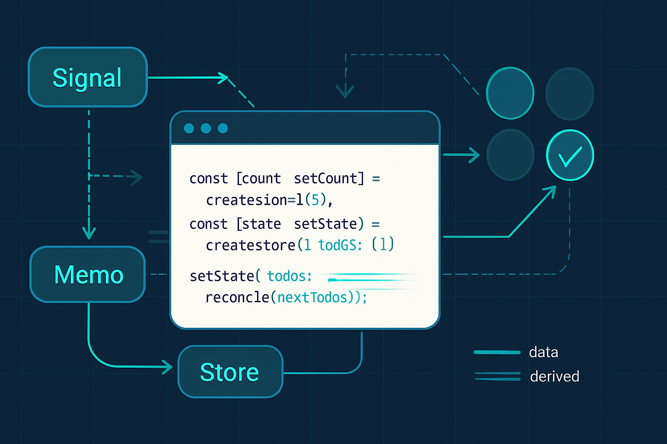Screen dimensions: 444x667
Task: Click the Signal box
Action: click(x=88, y=77)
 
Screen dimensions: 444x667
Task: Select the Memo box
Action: click(x=88, y=274)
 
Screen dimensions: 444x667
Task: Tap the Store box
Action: click(x=230, y=372)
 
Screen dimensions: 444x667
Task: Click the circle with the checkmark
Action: click(x=570, y=155)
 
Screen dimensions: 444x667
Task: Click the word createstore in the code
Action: click(x=251, y=245)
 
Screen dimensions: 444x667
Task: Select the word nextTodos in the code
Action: click(x=313, y=297)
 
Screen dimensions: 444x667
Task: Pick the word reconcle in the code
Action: click(x=238, y=297)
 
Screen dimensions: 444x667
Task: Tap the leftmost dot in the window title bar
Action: click(x=189, y=128)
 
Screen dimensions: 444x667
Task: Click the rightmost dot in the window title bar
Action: click(x=223, y=128)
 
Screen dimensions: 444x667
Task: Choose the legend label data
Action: click(x=543, y=352)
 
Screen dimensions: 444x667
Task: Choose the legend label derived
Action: click(x=555, y=376)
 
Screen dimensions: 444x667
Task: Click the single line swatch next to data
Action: click(x=497, y=352)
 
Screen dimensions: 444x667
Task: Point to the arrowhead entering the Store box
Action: click(x=168, y=367)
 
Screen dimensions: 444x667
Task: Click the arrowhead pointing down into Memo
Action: click(x=89, y=233)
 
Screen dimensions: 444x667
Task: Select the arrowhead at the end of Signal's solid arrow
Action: click(x=223, y=78)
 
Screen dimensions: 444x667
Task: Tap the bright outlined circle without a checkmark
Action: click(x=510, y=93)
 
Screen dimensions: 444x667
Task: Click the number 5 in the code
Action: click(x=316, y=200)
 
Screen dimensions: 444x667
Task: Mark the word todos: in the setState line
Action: click(x=289, y=276)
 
